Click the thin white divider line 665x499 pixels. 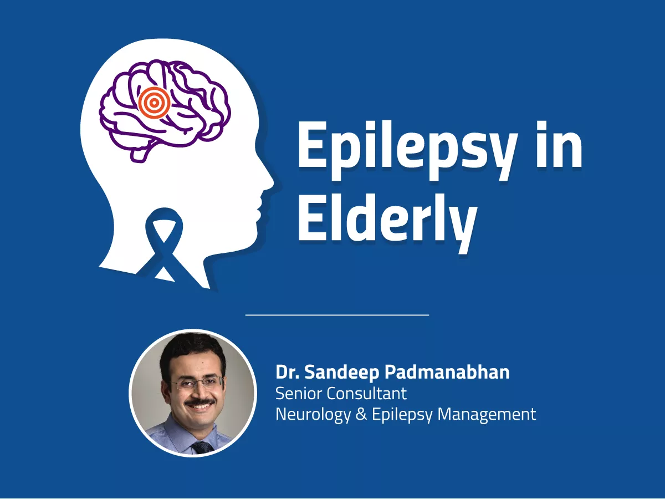[337, 315]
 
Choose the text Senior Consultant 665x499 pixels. [341, 393]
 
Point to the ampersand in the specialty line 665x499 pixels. [361, 414]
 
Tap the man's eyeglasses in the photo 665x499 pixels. [197, 383]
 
